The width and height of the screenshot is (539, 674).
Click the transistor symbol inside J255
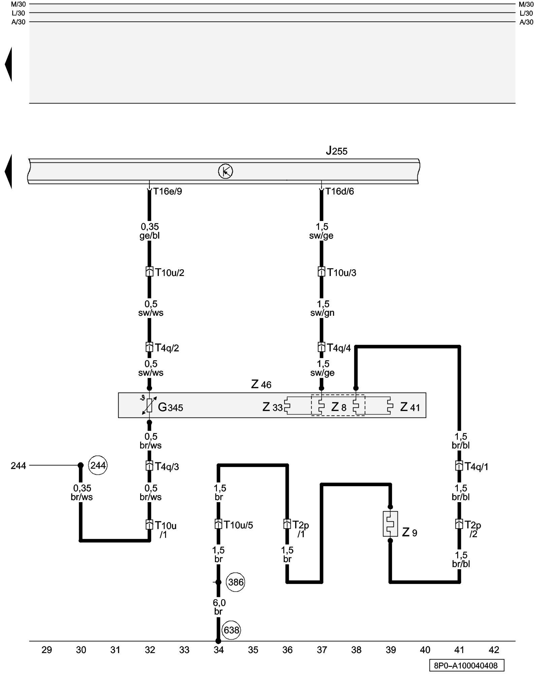tap(225, 172)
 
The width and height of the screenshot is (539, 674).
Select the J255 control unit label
tap(337, 151)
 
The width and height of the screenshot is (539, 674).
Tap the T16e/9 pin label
tap(167, 191)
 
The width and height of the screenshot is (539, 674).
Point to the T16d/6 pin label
tap(340, 191)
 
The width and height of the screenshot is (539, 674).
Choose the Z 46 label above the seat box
tap(261, 384)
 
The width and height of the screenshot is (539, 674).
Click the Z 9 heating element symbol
tap(390, 524)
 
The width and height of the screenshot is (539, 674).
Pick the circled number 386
tap(235, 582)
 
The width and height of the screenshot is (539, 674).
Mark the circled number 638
tap(231, 630)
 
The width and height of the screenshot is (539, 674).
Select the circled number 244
tap(98, 465)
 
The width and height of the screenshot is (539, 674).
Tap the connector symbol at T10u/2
tap(149, 272)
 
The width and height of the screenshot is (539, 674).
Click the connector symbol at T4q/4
tap(321, 347)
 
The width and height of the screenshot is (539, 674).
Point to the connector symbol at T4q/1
tap(459, 466)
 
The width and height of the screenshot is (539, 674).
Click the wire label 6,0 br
tap(219, 607)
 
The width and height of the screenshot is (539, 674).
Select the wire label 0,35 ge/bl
tap(150, 231)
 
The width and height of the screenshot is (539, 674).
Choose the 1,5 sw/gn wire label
tap(322, 308)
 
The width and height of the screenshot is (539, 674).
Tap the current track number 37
tap(322, 649)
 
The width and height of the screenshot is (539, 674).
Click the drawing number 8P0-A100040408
tap(466, 665)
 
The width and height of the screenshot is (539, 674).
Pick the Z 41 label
tap(410, 407)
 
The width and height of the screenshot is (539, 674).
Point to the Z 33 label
tap(272, 407)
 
